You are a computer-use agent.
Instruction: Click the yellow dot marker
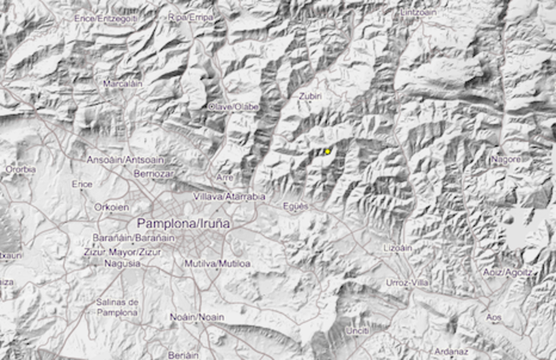click(328, 152)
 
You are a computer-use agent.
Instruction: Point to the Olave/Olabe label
click(234, 106)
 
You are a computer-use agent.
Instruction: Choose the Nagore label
click(505, 159)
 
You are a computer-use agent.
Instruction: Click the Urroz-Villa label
click(409, 282)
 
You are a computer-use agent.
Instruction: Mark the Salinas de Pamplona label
click(116, 307)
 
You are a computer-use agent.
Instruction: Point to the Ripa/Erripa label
click(190, 16)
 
